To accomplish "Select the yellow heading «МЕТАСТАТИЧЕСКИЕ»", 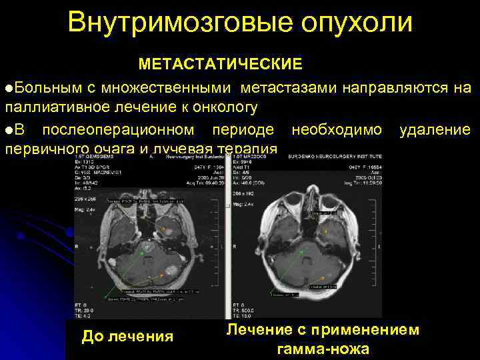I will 220,64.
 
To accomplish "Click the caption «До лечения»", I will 127,337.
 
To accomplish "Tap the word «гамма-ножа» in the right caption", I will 323,349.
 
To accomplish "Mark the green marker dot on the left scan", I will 141,253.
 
